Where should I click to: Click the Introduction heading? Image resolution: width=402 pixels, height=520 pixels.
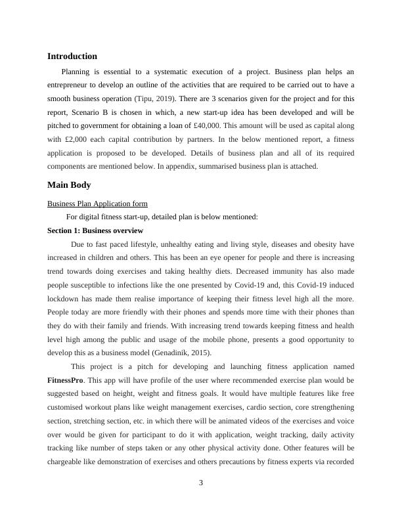[72, 56]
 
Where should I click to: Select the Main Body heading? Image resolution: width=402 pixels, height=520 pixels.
[69, 185]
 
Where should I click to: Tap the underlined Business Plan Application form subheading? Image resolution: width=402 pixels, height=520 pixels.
[97, 204]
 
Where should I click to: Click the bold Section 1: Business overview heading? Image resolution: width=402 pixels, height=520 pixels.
[95, 230]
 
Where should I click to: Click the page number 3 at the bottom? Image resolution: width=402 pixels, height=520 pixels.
[201, 483]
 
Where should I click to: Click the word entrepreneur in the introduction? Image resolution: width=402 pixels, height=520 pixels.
[72, 85]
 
